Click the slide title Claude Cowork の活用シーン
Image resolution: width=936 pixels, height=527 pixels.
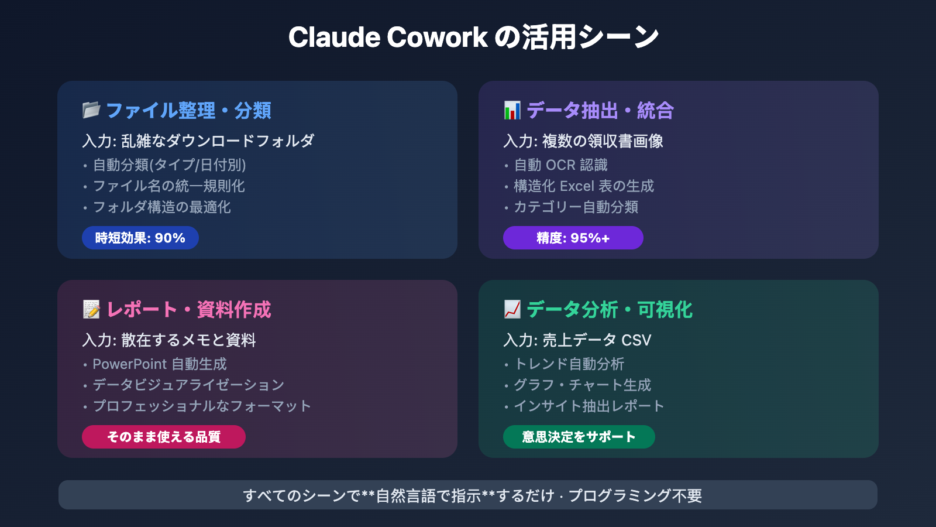tap(473, 37)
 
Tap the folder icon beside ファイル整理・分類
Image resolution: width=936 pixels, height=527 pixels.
tap(91, 110)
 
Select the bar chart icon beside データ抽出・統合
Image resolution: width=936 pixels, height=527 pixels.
tap(512, 110)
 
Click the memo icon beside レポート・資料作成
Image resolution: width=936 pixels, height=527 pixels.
tap(91, 309)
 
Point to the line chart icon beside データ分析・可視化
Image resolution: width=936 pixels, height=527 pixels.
tap(512, 309)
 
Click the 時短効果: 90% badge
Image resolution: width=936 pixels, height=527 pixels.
tap(140, 238)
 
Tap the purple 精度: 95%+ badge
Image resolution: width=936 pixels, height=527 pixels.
tap(573, 238)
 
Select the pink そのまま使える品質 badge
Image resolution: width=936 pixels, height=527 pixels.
tap(164, 437)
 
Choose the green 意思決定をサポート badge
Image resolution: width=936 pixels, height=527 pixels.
tap(579, 437)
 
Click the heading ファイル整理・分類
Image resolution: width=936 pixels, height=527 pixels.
tap(188, 110)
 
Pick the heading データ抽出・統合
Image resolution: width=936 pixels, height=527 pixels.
tap(600, 110)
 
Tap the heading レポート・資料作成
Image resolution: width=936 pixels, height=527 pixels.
tap(189, 309)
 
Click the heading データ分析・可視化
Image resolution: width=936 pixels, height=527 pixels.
tap(610, 309)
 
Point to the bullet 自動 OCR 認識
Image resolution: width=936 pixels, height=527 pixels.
tap(560, 165)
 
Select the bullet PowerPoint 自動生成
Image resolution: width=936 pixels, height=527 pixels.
tap(160, 364)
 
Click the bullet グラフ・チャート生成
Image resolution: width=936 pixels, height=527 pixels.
tap(582, 385)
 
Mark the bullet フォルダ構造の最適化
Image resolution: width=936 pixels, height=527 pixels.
tap(162, 207)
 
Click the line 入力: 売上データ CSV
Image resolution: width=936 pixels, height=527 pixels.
tap(577, 340)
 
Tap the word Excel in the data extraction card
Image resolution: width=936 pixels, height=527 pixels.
tap(577, 186)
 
